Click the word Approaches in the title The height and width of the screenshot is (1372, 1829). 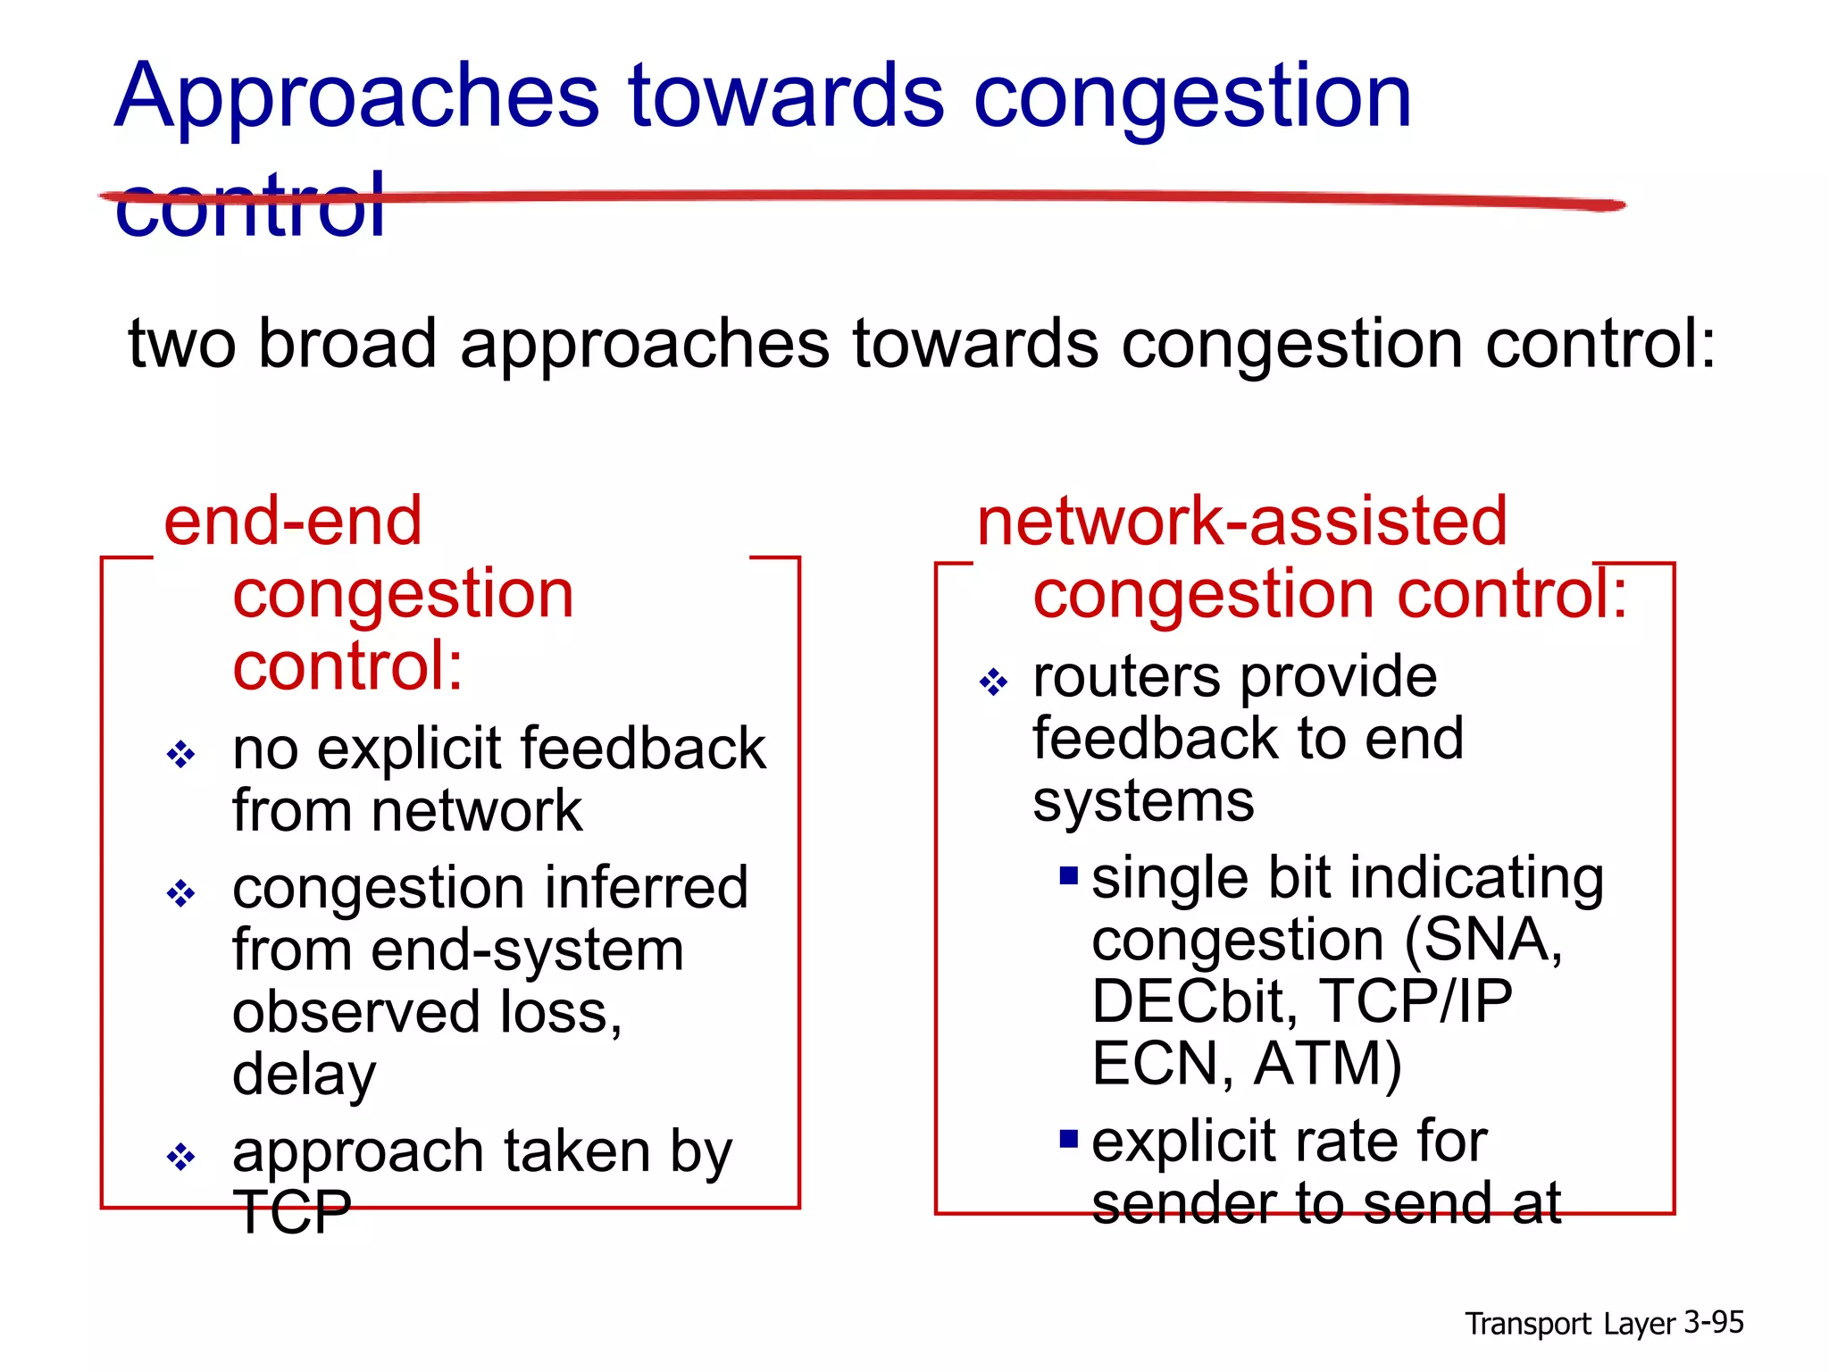coord(357,98)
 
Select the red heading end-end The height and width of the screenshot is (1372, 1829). coord(293,522)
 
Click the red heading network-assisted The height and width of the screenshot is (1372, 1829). coord(1241,522)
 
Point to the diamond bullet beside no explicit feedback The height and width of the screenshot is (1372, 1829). coord(180,755)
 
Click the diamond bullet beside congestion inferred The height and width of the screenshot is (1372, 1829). coord(180,893)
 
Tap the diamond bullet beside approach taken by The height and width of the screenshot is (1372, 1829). coord(180,1157)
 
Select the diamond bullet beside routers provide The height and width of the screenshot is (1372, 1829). coord(993,683)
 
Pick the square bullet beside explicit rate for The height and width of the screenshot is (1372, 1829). coord(1069,1139)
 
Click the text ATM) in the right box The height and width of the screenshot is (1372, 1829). coord(1328,1064)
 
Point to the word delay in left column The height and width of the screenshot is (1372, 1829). coord(304,1075)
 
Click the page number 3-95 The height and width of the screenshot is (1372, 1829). coord(1713,1322)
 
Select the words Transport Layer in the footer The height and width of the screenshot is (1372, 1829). coord(1570,1324)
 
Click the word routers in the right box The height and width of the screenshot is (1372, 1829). coord(1125,677)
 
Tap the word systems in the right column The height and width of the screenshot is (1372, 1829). coord(1143,801)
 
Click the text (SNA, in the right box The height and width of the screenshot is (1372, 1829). coord(1482,940)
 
